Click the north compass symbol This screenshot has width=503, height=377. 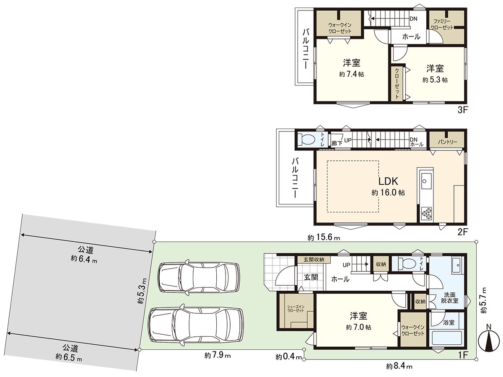487,341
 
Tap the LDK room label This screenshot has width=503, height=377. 388,181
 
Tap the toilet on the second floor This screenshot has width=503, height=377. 307,139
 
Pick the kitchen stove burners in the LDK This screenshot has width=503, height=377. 427,213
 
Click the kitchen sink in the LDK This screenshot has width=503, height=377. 425,181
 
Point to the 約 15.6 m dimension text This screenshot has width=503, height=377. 323,238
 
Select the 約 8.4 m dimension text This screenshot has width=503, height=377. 399,367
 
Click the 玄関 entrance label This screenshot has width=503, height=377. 311,277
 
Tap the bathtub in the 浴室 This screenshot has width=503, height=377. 446,338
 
